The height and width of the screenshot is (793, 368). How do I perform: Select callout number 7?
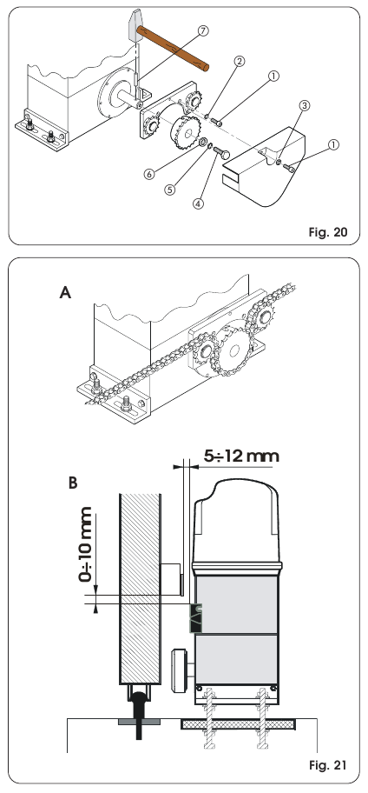[x=202, y=30]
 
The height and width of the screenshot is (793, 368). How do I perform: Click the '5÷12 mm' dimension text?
[x=233, y=454]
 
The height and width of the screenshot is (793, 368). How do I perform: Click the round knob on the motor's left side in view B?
[x=182, y=669]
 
